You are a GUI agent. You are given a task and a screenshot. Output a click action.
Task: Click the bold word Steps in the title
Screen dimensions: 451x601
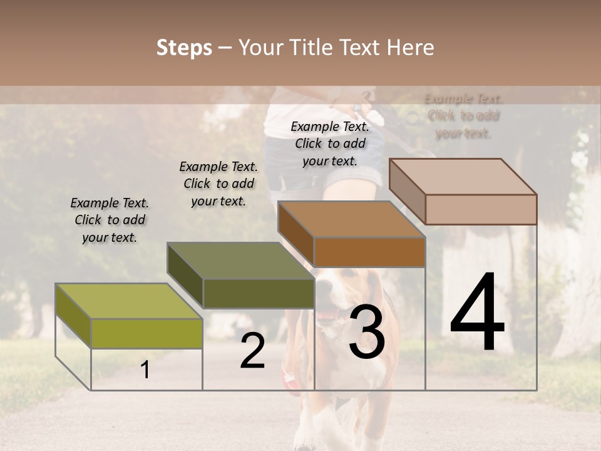click(x=184, y=48)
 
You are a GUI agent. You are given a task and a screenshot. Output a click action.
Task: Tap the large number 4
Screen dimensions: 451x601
click(x=478, y=313)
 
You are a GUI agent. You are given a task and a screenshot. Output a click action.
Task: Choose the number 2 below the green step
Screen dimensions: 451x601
click(x=252, y=351)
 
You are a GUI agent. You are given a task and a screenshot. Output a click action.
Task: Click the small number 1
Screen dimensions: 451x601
click(x=145, y=370)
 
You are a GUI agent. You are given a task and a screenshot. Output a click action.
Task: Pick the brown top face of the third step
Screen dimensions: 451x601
click(x=351, y=219)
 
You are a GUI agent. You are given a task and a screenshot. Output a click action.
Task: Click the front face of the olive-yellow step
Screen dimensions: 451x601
click(x=146, y=333)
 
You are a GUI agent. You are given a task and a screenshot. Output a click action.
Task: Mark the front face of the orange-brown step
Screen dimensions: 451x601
click(x=369, y=252)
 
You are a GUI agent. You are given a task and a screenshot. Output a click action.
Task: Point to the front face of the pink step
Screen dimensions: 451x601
click(x=481, y=209)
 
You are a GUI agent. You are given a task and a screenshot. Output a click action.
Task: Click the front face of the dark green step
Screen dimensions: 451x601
click(x=258, y=293)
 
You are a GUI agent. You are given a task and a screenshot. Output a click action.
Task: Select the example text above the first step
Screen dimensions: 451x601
click(x=110, y=220)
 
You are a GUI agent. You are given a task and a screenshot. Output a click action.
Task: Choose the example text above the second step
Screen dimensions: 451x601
click(x=218, y=184)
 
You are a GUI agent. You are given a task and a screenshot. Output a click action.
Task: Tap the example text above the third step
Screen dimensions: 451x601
click(x=330, y=143)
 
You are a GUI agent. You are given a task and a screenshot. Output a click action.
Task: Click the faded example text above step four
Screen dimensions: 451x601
click(x=463, y=116)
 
